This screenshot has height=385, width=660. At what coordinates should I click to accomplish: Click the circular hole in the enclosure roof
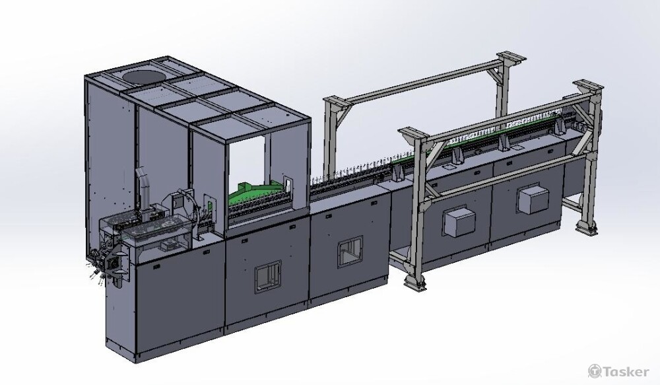144,76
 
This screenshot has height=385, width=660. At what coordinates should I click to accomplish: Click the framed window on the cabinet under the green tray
267,275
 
